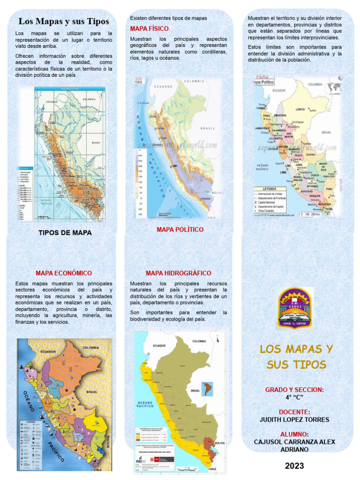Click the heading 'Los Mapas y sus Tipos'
click(63, 22)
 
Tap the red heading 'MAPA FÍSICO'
click(150, 29)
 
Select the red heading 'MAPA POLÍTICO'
click(180, 230)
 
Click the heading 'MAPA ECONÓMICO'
click(64, 273)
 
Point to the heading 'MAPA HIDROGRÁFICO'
click(179, 273)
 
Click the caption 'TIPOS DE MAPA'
click(65, 233)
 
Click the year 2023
click(294, 466)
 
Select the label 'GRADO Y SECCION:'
click(294, 390)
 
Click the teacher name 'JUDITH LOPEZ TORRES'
click(294, 420)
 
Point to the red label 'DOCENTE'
click(293, 412)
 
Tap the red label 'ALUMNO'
click(293, 435)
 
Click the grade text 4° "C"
click(294, 397)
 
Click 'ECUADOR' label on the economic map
click(48, 352)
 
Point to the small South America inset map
click(207, 389)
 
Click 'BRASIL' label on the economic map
click(92, 391)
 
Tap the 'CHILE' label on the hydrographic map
click(212, 469)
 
